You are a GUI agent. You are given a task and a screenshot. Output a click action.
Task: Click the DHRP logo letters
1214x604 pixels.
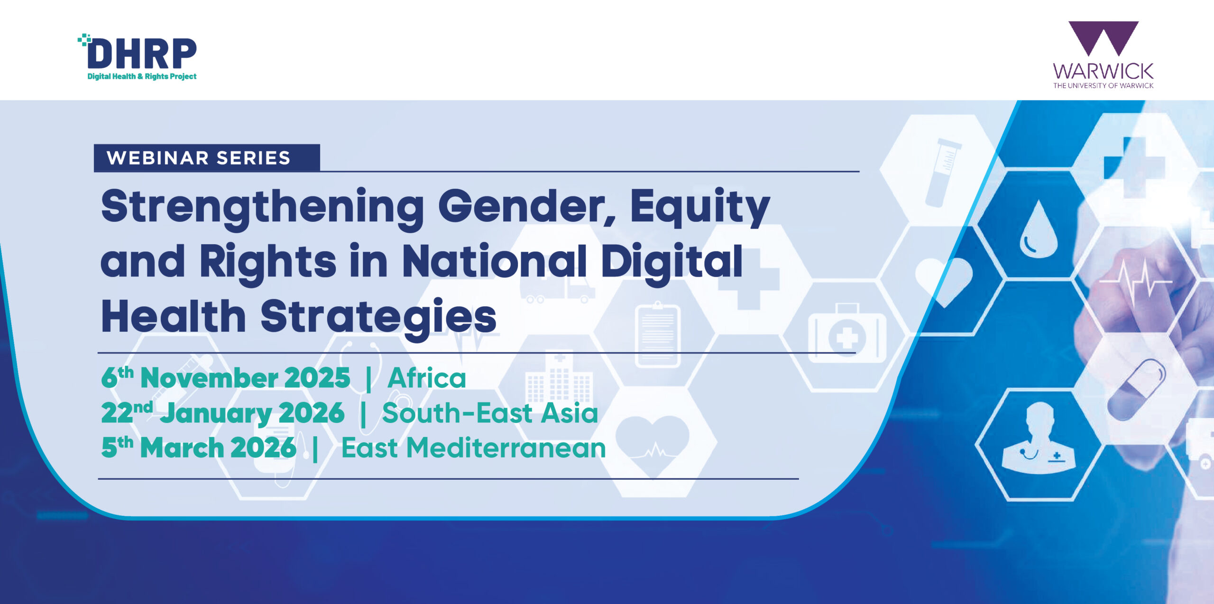pyautogui.click(x=142, y=54)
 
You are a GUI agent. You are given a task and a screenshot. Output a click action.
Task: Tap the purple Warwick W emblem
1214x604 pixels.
pyautogui.click(x=1103, y=38)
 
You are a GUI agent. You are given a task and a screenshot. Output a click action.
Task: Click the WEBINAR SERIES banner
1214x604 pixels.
pyautogui.click(x=207, y=157)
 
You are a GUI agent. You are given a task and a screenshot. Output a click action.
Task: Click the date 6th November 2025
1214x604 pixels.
pyautogui.click(x=226, y=377)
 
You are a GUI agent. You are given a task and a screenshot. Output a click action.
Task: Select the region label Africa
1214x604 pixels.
pyautogui.click(x=427, y=378)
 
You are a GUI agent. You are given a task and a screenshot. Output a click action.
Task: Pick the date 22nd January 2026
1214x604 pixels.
pyautogui.click(x=223, y=412)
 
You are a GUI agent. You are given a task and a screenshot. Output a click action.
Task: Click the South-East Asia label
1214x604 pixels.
pyautogui.click(x=490, y=412)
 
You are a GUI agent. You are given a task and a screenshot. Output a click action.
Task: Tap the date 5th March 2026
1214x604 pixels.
pyautogui.click(x=199, y=447)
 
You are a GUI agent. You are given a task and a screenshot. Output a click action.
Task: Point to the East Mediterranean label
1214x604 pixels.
pyautogui.click(x=473, y=448)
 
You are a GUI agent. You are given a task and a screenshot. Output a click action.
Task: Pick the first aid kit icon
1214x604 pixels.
pyautogui.click(x=847, y=334)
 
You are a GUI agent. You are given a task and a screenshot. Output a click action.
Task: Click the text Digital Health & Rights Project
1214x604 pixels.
pyautogui.click(x=142, y=76)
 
